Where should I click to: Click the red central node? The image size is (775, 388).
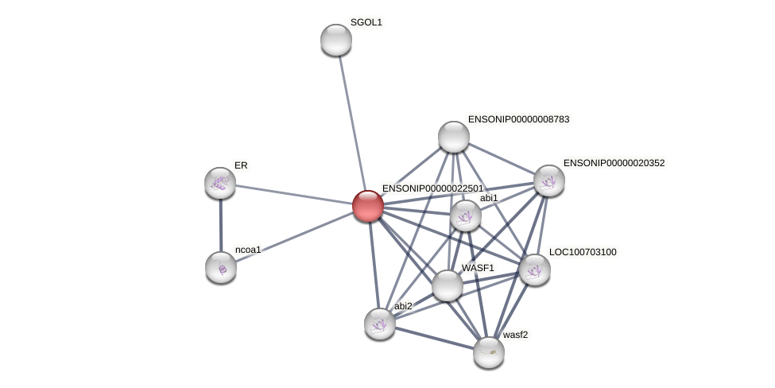[x=368, y=206]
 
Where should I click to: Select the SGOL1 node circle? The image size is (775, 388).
[x=336, y=40]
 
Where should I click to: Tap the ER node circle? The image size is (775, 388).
[x=220, y=183]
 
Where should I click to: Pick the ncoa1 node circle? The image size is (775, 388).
[x=221, y=267]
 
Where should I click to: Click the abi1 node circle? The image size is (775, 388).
[x=466, y=215]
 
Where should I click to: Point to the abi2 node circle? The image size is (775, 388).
[x=380, y=324]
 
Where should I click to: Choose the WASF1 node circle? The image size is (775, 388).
[x=448, y=285]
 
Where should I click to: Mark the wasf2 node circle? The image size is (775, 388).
[x=489, y=352]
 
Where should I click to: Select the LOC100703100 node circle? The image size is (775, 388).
[x=535, y=270]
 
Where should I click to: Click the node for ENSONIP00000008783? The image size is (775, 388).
[x=454, y=137]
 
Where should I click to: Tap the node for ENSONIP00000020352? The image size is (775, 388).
[x=549, y=180]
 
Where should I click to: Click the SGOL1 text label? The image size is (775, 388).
[x=366, y=22]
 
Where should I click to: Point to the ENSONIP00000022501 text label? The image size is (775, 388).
[x=432, y=188]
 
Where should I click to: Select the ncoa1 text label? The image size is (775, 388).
[x=248, y=250]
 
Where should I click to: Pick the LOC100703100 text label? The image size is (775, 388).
[x=583, y=252]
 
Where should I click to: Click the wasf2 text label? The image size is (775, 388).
[x=515, y=335]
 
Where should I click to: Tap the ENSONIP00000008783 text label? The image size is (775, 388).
[x=518, y=119]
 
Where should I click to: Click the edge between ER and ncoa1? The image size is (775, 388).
[x=220, y=225]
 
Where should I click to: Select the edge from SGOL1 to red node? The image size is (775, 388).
[x=351, y=119]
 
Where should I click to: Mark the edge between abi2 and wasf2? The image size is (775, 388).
[x=434, y=338]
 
